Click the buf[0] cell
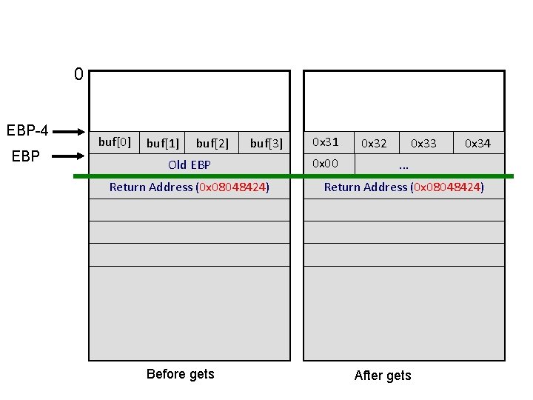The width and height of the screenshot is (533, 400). click(x=115, y=141)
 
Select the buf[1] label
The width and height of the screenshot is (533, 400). click(x=163, y=143)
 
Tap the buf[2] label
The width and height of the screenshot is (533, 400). click(x=212, y=143)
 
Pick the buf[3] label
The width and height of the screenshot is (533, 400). click(x=266, y=143)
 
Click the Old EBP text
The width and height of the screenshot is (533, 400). click(x=190, y=164)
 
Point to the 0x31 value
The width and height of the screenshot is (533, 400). click(x=325, y=141)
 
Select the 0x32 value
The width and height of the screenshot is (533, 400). click(x=374, y=143)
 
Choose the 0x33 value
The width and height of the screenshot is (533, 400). click(x=423, y=143)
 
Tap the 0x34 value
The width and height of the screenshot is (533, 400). click(x=477, y=143)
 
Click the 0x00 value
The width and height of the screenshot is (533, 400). click(x=325, y=163)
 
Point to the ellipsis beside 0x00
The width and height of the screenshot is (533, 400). click(x=403, y=166)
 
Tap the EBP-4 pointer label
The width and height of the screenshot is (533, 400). click(x=27, y=131)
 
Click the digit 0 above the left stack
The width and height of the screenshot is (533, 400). click(x=78, y=74)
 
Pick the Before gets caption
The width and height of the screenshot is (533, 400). click(x=181, y=374)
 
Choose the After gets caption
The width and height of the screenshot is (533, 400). click(x=383, y=376)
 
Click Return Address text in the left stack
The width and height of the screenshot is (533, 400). click(x=190, y=187)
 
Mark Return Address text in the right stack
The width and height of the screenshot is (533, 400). click(x=404, y=187)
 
